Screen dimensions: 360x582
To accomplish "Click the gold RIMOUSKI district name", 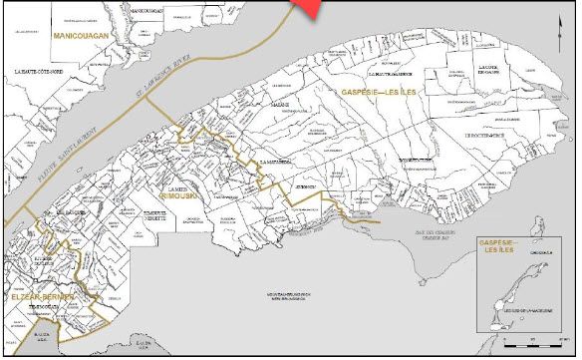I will coord(183,197).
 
